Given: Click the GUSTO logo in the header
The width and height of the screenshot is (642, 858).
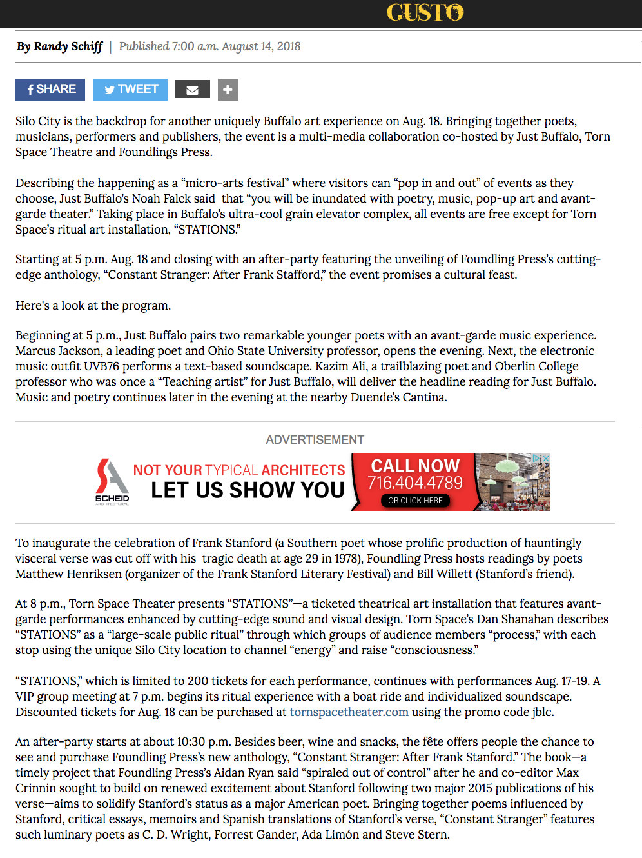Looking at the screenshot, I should point(425,12).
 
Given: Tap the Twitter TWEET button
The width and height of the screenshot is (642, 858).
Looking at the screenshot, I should point(130,89).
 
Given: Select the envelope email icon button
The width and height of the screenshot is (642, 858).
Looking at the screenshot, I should point(192,90).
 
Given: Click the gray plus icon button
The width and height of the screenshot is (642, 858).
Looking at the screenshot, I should point(228,90).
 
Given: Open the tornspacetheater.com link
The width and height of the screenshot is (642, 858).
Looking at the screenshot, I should point(349,712).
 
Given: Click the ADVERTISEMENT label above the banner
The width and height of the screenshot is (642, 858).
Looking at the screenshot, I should point(315,440).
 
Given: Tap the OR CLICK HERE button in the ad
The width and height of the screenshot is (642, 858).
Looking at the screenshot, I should point(415,501).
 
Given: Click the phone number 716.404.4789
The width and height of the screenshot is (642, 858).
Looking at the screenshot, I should point(415,483).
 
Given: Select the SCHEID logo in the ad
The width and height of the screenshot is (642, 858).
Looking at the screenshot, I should point(112,481).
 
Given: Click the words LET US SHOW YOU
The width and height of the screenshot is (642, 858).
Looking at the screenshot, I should point(248,490).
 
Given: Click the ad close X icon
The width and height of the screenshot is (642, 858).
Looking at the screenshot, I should point(545,459).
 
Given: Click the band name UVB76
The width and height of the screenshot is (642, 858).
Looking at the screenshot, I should point(102,366).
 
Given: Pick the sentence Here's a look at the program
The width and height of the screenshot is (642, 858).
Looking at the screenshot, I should point(93,306).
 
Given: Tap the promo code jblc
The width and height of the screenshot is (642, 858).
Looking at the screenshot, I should point(542,712).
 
